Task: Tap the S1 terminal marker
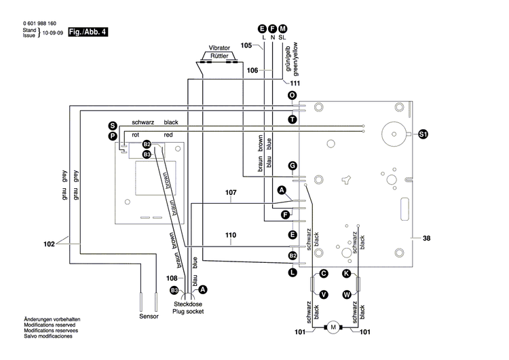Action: click(423, 134)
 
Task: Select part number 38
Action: click(426, 238)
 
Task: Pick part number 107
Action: click(231, 192)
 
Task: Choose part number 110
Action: click(231, 235)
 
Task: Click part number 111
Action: click(295, 83)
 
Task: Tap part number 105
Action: click(247, 45)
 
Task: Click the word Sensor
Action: click(149, 316)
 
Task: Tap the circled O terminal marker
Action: click(292, 96)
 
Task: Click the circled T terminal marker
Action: click(292, 119)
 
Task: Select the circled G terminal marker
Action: click(293, 166)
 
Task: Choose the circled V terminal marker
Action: click(324, 294)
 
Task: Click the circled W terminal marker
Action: click(346, 294)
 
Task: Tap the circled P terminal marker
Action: click(112, 137)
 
